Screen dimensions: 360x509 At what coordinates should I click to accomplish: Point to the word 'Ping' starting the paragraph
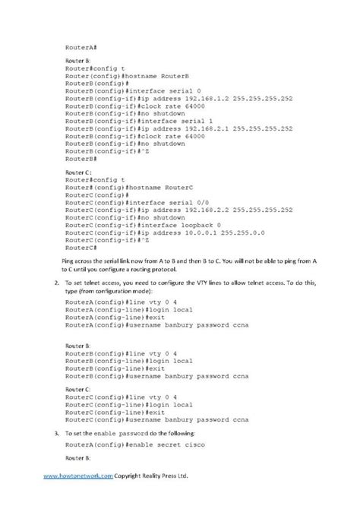pos(67,261)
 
